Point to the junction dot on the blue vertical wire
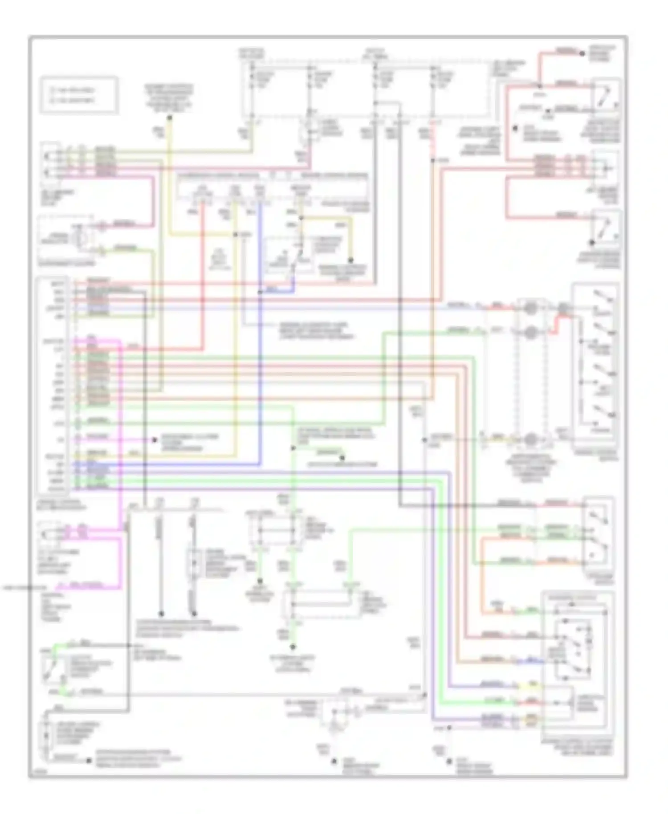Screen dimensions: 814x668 [260, 292]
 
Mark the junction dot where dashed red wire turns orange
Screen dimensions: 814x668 [432, 159]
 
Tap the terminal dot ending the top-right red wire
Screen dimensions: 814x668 [582, 53]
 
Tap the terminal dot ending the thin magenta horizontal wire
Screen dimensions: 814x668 [155, 440]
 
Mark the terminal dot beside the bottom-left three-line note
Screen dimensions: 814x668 [89, 761]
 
